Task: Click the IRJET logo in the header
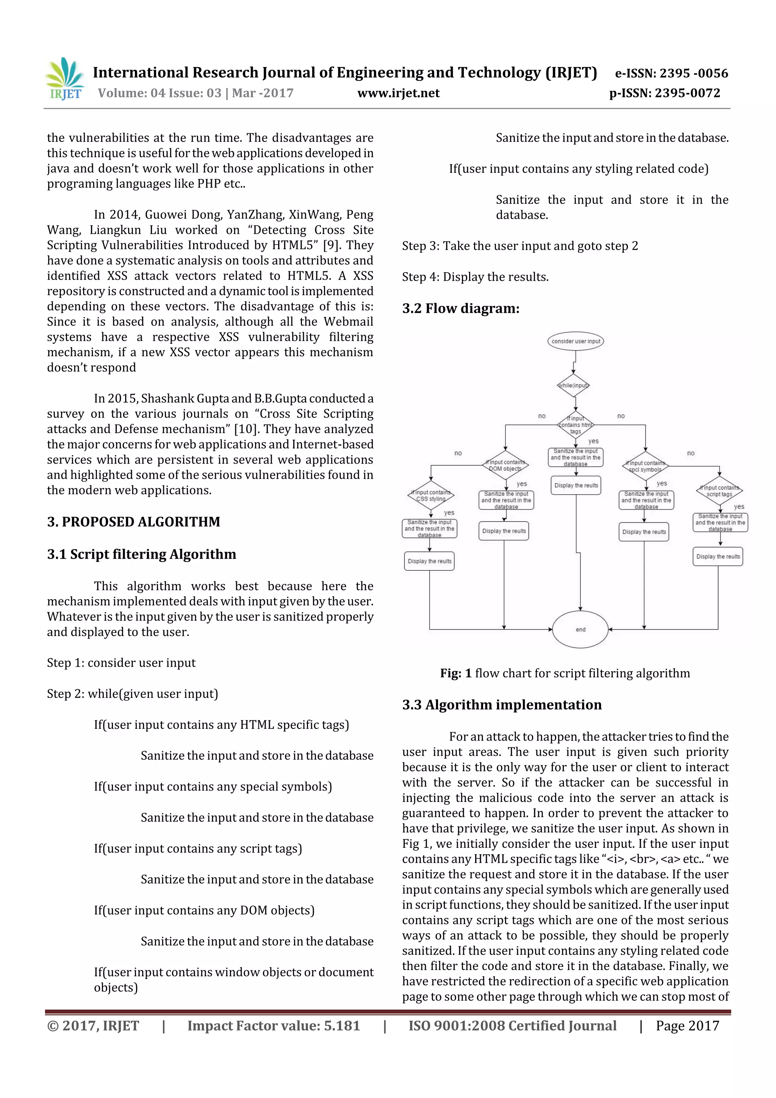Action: (64, 79)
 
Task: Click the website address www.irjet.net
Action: (398, 93)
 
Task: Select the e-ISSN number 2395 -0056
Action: (693, 73)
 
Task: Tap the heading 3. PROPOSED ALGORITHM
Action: (133, 522)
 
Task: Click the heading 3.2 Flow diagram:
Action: (460, 309)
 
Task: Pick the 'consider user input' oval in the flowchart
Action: (575, 341)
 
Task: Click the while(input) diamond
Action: (573, 385)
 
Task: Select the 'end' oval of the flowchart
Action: (580, 629)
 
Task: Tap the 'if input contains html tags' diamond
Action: (576, 424)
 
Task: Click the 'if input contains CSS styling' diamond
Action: (430, 495)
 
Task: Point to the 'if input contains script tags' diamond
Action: (719, 491)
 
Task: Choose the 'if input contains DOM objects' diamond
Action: (505, 465)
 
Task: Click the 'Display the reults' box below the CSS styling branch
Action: (429, 561)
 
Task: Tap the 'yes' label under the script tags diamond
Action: (739, 506)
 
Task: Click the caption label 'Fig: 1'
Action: (456, 674)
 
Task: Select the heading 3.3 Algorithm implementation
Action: (502, 705)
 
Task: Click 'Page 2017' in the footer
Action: (687, 1025)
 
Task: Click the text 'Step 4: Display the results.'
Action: (475, 277)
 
